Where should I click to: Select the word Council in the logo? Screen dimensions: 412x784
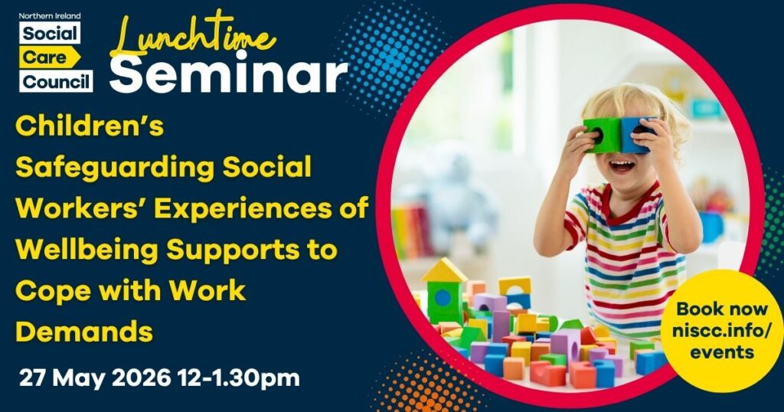(x=57, y=80)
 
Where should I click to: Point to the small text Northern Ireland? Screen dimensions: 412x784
(x=50, y=14)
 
